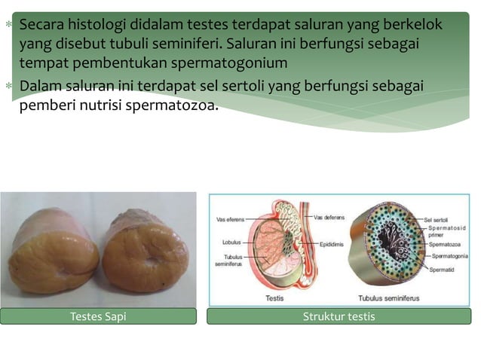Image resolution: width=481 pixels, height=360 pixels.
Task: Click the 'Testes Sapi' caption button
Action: pos(98,316)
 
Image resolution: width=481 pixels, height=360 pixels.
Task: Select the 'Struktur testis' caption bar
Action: pos(339,316)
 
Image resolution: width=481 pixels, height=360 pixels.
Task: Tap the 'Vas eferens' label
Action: pos(230,220)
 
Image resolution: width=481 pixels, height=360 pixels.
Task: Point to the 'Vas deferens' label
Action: pos(329,217)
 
